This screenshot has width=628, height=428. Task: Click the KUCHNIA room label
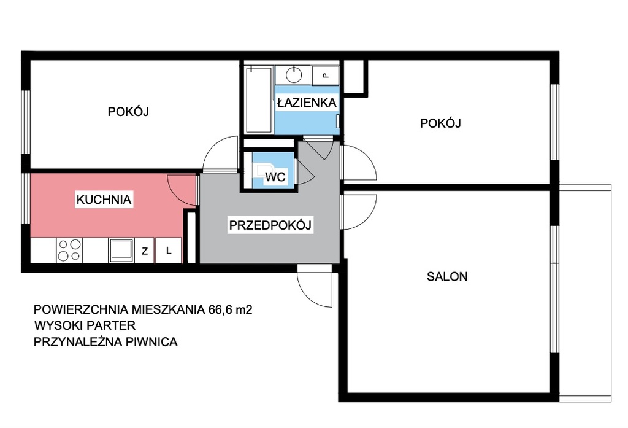click(104, 200)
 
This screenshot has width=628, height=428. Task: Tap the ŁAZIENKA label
click(307, 103)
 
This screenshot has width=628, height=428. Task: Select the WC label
click(275, 176)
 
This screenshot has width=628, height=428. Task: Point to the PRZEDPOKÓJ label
click(270, 225)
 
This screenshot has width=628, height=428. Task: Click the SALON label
click(447, 276)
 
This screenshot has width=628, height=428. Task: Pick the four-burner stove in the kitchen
click(69, 251)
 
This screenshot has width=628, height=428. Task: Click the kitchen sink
click(121, 251)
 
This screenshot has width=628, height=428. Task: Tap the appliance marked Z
click(145, 251)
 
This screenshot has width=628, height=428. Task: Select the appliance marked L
click(169, 251)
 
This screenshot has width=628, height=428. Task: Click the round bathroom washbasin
click(294, 74)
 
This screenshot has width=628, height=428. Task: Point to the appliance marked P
click(325, 75)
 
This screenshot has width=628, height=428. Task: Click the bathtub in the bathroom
click(259, 100)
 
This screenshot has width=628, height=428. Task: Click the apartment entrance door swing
click(315, 286)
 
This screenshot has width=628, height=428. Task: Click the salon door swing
click(359, 212)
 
